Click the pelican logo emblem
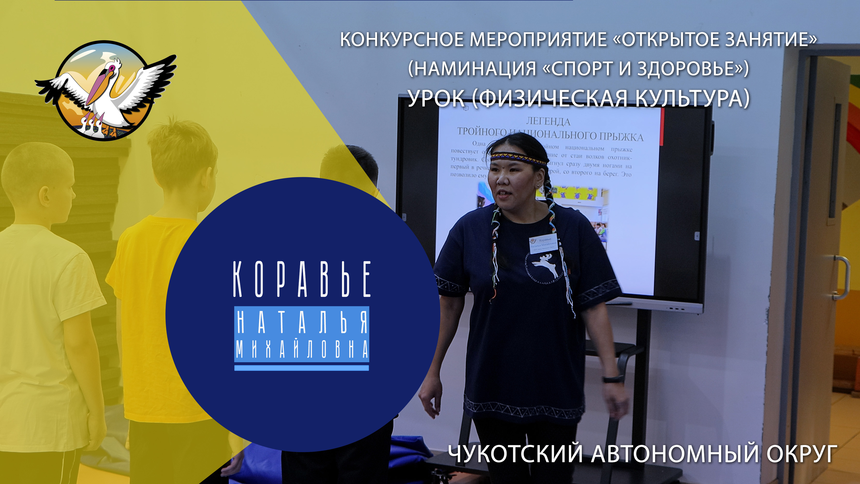pos(105,90)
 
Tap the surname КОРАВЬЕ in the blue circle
pos(302,279)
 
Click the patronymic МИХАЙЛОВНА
pos(302,349)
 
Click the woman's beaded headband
pos(518,157)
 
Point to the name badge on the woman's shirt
pos(543,243)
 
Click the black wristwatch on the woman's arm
pos(613,379)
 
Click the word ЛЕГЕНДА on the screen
pos(548,121)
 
